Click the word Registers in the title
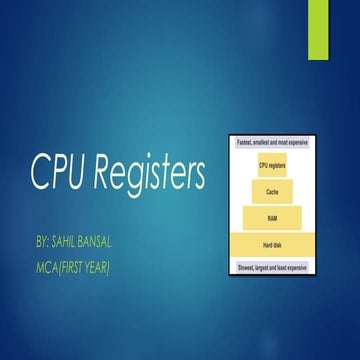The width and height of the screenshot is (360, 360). pos(150,176)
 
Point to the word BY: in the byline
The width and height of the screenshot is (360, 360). pos(42,243)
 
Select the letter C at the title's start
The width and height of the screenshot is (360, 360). pos(40,174)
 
